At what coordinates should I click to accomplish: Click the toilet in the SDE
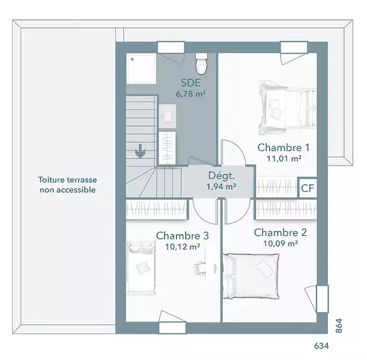point(201,64)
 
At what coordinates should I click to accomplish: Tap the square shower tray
point(141,69)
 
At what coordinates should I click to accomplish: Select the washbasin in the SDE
point(168,116)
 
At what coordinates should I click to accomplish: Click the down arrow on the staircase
point(140,151)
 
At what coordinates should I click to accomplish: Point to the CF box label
point(308,188)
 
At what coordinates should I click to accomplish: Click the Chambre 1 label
point(284,148)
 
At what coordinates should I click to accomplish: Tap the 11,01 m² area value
point(284,159)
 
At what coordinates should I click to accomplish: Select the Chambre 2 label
point(281,233)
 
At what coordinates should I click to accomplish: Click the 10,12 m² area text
point(183,247)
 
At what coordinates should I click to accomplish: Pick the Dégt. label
point(221,176)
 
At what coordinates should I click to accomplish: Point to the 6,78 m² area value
point(191,94)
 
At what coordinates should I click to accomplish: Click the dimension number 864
point(339,326)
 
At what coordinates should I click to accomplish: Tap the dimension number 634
point(321,346)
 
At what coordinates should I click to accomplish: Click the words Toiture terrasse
point(67,180)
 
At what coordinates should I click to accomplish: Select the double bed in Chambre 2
point(251,276)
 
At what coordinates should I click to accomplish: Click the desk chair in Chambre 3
point(199,268)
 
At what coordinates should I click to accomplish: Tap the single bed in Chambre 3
point(141,267)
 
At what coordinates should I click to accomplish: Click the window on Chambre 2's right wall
point(323,299)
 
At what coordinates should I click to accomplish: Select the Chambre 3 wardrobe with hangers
point(157,209)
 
